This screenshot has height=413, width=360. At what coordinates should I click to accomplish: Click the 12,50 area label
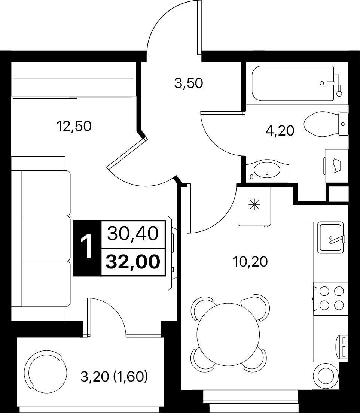tap(74, 126)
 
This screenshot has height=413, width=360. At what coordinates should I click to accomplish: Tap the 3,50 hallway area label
tap(189, 83)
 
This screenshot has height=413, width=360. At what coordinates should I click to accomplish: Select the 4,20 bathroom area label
tap(280, 131)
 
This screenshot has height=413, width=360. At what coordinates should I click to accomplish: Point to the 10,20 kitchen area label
tap(250, 262)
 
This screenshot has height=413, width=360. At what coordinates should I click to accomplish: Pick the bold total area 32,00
tap(133, 262)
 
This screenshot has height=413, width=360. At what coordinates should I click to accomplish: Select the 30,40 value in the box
tap(133, 234)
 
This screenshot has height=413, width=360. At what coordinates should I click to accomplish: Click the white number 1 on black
tap(86, 248)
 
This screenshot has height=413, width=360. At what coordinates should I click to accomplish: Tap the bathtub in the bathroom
tap(293, 83)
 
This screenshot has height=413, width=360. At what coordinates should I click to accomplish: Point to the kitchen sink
tap(330, 238)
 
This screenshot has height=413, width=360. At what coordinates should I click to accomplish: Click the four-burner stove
tap(331, 298)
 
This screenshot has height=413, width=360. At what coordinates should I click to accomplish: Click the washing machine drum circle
tap(326, 376)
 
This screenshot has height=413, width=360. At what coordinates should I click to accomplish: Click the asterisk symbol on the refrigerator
tap(254, 205)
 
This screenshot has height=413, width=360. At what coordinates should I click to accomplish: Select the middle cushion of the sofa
tap(46, 239)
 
